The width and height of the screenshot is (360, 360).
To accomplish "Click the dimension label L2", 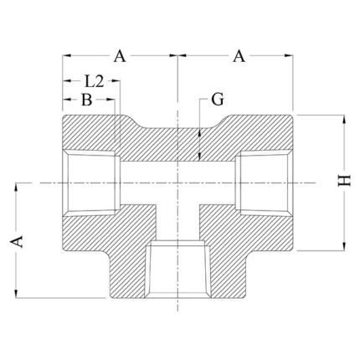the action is [x=94, y=81].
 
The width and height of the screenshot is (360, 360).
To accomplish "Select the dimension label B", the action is [x=87, y=100].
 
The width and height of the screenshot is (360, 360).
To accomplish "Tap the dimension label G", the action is [x=218, y=100].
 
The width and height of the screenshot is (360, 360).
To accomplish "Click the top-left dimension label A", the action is [x=120, y=56].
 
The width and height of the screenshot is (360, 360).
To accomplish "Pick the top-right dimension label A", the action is [x=239, y=56].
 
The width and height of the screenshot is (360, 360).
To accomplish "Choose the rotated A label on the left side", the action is [x=17, y=241].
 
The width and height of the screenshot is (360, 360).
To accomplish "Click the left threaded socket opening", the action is [x=91, y=183].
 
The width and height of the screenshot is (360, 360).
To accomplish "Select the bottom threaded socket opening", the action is [x=177, y=270].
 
